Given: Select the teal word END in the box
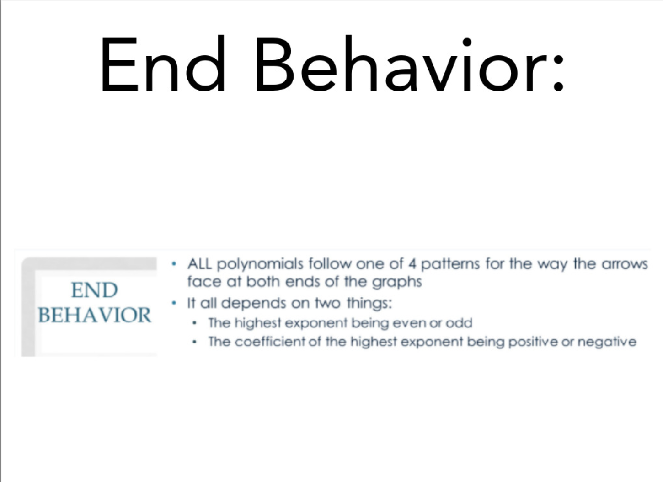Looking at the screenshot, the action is pyautogui.click(x=94, y=290).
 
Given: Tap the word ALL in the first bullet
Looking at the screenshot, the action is pyautogui.click(x=199, y=263).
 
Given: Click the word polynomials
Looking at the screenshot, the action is pyautogui.click(x=260, y=264).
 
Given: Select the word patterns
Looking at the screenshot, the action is pyautogui.click(x=450, y=264).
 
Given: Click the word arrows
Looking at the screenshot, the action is pyautogui.click(x=625, y=264).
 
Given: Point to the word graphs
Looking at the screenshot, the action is pyautogui.click(x=396, y=282).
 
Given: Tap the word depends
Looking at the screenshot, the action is pyautogui.click(x=254, y=304).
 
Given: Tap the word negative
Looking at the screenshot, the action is pyautogui.click(x=607, y=342).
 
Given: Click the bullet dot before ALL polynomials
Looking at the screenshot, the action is pyautogui.click(x=174, y=263).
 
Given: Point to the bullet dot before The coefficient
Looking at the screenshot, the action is pyautogui.click(x=194, y=342).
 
